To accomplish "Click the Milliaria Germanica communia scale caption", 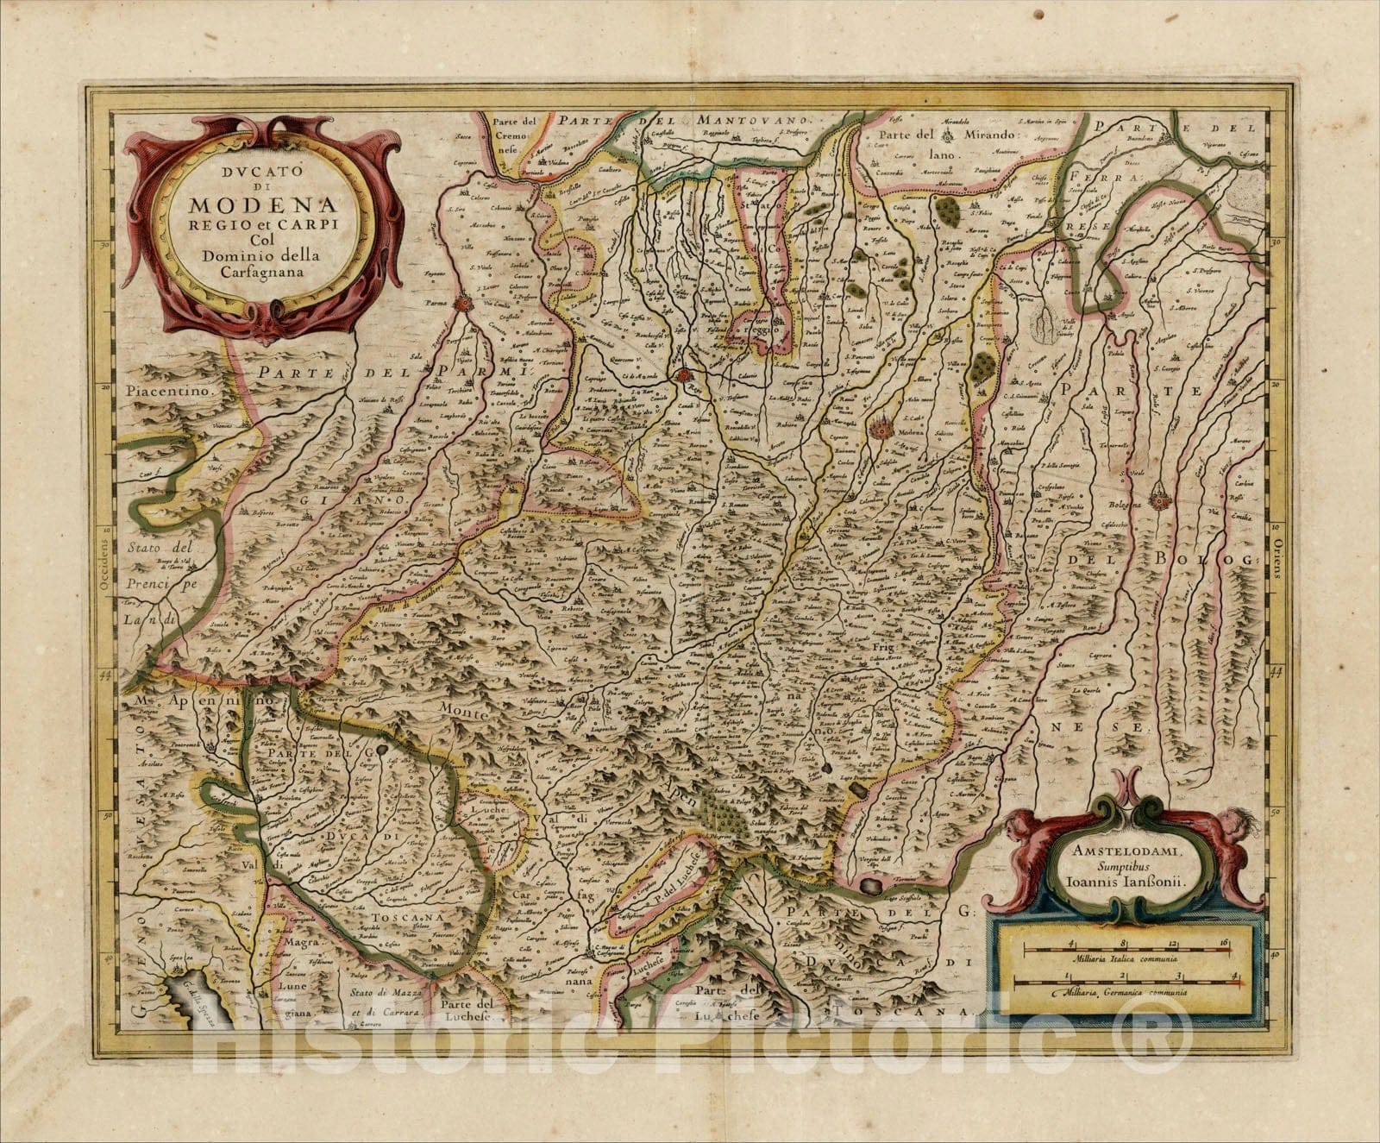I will pyautogui.click(x=1125, y=992).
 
